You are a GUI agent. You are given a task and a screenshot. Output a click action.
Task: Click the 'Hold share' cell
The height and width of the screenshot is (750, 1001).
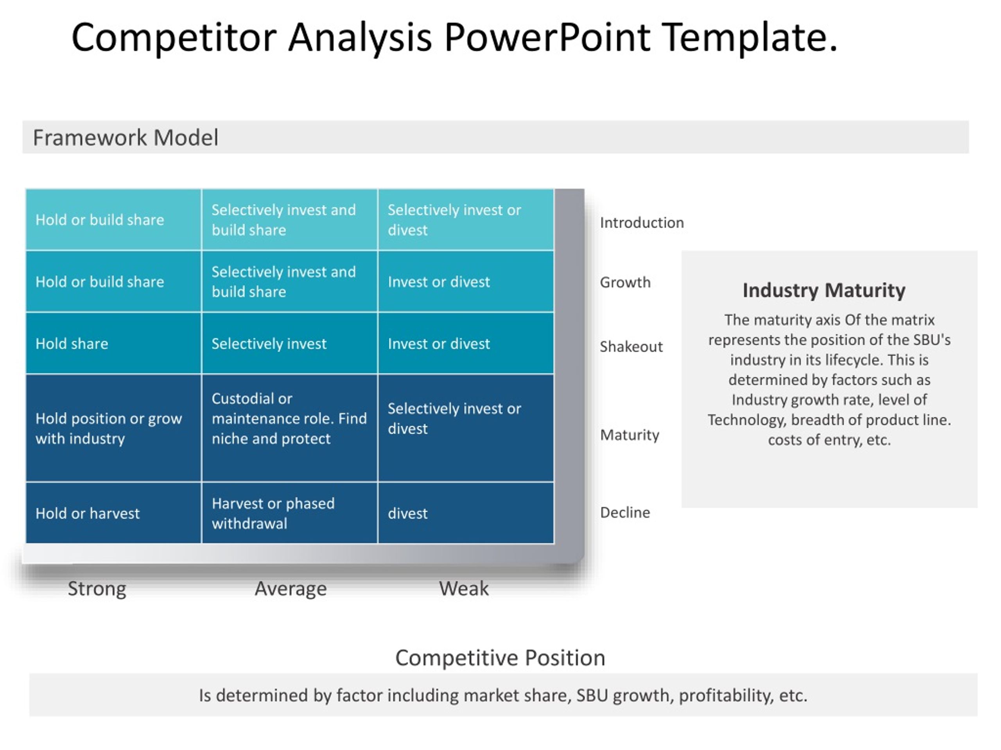(113, 343)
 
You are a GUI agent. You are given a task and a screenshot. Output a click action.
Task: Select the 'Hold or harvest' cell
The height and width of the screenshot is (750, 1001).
(113, 512)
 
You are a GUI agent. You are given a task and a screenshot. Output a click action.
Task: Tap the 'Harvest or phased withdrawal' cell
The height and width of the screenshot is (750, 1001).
(290, 512)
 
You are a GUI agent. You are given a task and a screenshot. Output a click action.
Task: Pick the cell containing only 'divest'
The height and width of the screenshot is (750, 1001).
(466, 512)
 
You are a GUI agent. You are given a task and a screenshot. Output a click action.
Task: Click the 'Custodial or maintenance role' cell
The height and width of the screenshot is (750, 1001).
(290, 428)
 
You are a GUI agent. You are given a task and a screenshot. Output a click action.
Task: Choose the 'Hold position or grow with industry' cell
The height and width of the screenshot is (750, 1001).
(113, 428)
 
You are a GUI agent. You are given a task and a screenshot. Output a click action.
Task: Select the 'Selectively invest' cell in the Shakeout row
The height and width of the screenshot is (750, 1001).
(290, 343)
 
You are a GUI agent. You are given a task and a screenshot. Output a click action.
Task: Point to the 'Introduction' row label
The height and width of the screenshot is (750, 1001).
(642, 222)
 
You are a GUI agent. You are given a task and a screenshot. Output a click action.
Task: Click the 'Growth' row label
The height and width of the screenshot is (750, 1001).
(625, 282)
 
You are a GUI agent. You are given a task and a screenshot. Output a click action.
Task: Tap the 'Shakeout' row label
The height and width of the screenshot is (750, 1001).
(631, 346)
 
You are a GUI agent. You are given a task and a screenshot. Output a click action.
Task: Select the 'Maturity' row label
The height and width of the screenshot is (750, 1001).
(630, 435)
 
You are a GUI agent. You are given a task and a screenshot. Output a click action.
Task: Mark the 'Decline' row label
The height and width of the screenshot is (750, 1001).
(625, 512)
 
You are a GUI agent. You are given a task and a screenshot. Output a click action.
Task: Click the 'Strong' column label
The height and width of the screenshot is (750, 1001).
(97, 589)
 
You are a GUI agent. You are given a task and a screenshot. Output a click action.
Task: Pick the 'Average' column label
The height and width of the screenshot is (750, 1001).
(291, 589)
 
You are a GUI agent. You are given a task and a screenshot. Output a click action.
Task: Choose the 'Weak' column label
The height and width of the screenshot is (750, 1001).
(464, 589)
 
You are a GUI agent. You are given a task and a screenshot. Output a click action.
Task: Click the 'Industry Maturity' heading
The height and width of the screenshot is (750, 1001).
(824, 290)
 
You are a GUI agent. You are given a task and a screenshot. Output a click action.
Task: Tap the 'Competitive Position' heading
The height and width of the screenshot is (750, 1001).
(500, 658)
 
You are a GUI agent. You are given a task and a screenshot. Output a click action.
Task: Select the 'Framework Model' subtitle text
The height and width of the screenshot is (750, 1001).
(126, 137)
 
